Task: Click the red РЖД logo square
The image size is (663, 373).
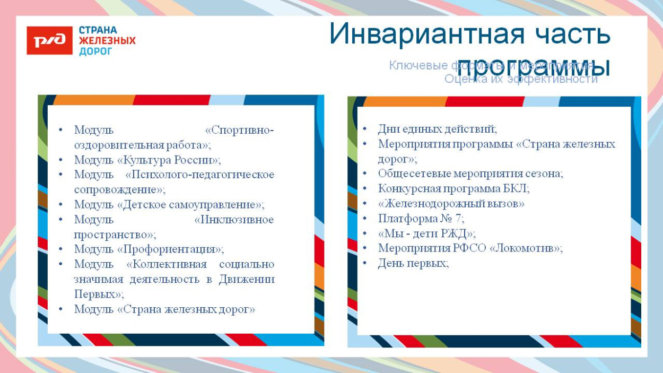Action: click(x=49, y=40)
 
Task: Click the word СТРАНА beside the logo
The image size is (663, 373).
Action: click(x=98, y=30)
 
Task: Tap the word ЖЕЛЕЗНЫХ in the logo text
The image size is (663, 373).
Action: click(x=107, y=41)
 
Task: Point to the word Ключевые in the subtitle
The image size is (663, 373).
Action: click(x=411, y=66)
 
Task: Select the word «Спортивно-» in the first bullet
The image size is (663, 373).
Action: click(x=240, y=130)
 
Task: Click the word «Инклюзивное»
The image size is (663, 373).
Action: click(x=234, y=220)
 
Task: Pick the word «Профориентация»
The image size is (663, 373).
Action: click(x=170, y=249)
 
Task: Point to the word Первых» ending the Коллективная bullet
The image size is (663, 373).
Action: click(x=99, y=294)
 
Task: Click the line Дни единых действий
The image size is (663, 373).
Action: click(x=437, y=129)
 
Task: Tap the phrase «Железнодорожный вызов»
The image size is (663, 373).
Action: click(x=451, y=204)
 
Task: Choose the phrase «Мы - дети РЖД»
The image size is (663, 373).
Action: click(x=426, y=233)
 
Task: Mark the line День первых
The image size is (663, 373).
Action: click(x=413, y=263)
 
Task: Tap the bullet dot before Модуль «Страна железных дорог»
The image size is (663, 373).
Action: click(x=60, y=309)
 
